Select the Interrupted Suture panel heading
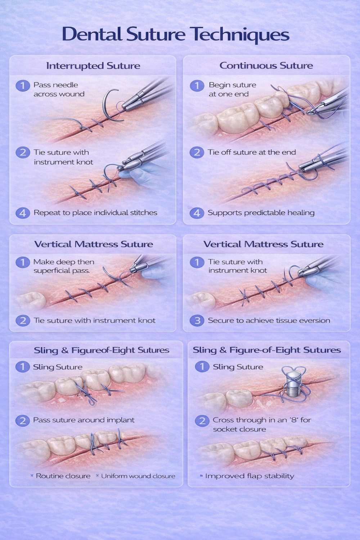93,66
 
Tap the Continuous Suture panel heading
266,66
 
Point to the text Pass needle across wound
59,89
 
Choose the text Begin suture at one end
233,89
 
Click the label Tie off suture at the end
252,152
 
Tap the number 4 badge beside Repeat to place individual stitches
23,213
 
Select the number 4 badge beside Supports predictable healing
197,213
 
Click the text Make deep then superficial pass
64,266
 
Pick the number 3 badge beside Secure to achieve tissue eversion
197,321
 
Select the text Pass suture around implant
84,420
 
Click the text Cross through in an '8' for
262,420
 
